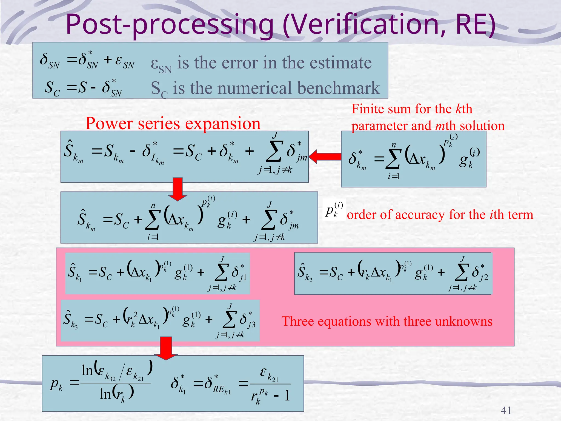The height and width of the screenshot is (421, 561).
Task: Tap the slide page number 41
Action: pos(506,410)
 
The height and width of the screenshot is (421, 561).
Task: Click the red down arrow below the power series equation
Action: pos(178,189)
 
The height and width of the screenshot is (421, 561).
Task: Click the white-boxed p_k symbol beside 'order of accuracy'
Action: pos(334,210)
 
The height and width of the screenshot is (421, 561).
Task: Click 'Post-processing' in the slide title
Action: pos(170,25)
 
